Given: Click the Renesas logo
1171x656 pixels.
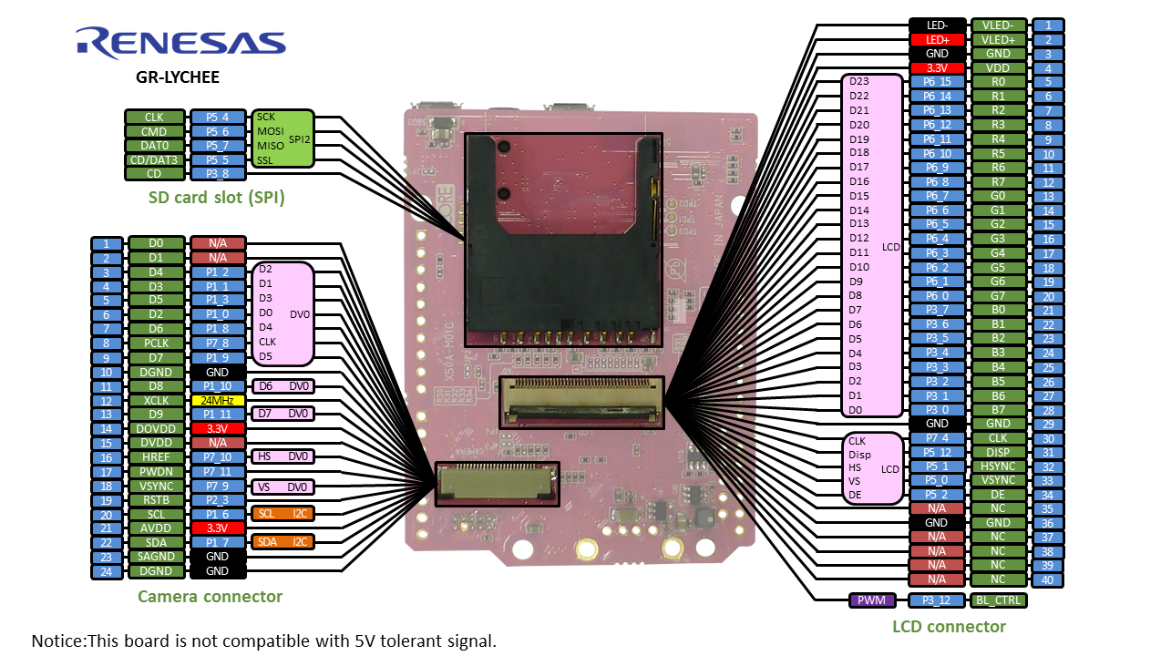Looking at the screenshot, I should click(180, 42).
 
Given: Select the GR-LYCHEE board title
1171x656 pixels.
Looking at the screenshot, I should click(178, 77).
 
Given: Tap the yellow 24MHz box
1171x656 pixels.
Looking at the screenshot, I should click(218, 400).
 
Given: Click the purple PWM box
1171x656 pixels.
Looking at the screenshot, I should click(874, 600).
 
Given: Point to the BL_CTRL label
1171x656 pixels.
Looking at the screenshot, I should click(998, 600).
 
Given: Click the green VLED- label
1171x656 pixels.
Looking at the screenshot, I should click(998, 26).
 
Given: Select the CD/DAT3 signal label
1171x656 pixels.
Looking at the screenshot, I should click(153, 160).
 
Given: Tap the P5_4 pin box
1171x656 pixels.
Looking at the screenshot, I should click(218, 118).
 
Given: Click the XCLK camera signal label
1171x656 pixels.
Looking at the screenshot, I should click(155, 400).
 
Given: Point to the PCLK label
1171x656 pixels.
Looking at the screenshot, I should click(155, 343).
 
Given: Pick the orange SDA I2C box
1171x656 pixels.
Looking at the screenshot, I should click(282, 542).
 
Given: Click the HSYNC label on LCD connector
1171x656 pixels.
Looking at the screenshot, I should click(998, 466).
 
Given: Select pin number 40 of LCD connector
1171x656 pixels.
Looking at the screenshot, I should click(1048, 579).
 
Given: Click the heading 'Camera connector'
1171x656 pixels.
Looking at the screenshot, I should click(210, 597).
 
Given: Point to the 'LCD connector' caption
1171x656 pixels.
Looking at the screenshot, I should click(949, 626).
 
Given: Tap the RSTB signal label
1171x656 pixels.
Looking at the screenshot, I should click(155, 500).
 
